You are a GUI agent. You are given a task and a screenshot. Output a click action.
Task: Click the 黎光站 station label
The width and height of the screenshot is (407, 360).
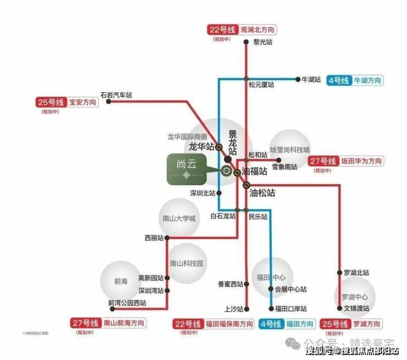(x=262, y=42)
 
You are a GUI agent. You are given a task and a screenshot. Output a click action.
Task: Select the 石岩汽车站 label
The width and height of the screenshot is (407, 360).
(x=117, y=95)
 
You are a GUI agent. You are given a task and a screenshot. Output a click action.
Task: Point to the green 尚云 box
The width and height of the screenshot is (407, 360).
(x=187, y=169)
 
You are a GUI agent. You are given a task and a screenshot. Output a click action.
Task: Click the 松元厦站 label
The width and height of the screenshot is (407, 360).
(x=261, y=85)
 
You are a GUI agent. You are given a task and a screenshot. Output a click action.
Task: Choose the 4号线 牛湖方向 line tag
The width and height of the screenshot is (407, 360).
(x=354, y=80)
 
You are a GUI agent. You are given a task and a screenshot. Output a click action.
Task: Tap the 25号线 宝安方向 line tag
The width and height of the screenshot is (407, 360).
(x=67, y=102)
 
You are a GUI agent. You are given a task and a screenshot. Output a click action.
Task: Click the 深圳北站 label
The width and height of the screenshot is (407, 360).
(x=202, y=193)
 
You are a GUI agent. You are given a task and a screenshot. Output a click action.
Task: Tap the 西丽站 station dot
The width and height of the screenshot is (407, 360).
(x=167, y=238)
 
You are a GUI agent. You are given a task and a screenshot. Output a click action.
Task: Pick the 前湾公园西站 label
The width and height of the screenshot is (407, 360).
(x=128, y=302)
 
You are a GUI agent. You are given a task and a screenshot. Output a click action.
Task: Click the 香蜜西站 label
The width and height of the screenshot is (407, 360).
(x=230, y=284)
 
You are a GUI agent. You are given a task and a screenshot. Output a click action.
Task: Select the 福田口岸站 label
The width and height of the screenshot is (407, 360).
(x=291, y=308)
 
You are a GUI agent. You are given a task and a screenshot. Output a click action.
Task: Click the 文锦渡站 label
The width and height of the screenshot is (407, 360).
(x=356, y=308)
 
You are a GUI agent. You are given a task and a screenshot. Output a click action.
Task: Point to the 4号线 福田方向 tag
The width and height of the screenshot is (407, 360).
(x=287, y=324)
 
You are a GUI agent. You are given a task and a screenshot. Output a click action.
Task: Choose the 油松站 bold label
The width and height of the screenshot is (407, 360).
(x=262, y=193)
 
